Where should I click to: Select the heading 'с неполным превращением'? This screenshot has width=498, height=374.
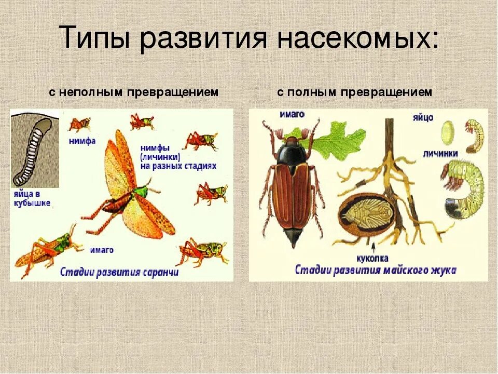(134, 92)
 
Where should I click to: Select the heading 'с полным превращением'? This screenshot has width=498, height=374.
(354, 92)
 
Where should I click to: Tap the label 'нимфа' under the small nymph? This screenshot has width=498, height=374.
(82, 141)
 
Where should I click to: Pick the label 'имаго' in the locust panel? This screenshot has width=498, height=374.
(102, 249)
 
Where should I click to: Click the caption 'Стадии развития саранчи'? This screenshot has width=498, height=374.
(119, 272)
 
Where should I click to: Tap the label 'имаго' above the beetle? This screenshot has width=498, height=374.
(292, 114)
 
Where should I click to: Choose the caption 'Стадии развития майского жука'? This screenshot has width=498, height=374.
(376, 270)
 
